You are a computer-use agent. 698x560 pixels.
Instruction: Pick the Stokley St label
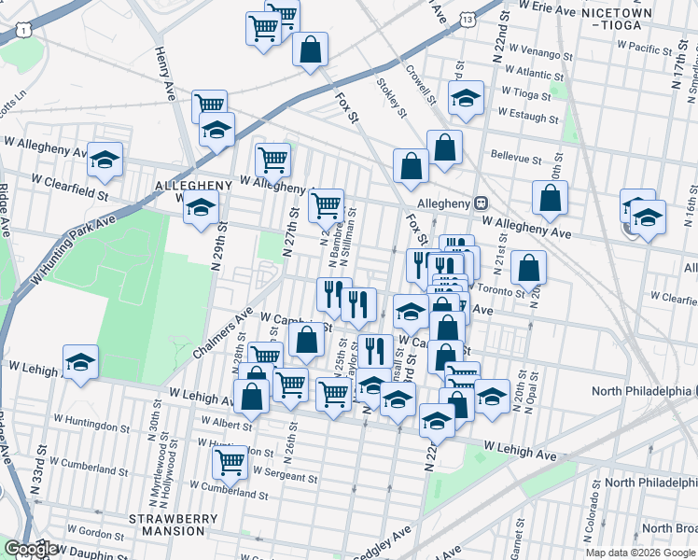(x=391, y=97)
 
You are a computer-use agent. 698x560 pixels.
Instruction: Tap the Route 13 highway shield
(x=467, y=18)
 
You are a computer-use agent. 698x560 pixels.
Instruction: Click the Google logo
(x=31, y=549)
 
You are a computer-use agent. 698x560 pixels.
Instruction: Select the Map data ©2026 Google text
(x=639, y=553)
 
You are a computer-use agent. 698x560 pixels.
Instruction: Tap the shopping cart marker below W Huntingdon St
(x=229, y=461)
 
